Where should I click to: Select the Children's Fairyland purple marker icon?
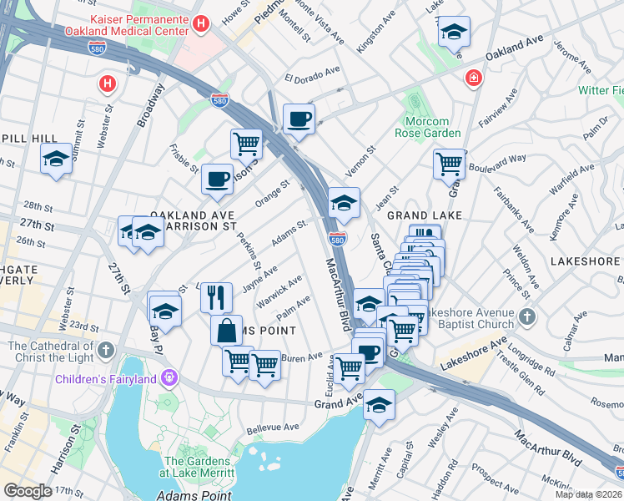tap(170, 379)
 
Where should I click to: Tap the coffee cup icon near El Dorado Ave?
tap(299, 118)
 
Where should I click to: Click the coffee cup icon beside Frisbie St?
tap(217, 178)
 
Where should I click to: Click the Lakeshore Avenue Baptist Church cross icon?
tap(526, 316)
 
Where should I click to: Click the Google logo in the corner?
tap(28, 491)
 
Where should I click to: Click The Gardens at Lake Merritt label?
tap(197, 468)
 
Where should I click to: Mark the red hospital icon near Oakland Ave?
tap(474, 78)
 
